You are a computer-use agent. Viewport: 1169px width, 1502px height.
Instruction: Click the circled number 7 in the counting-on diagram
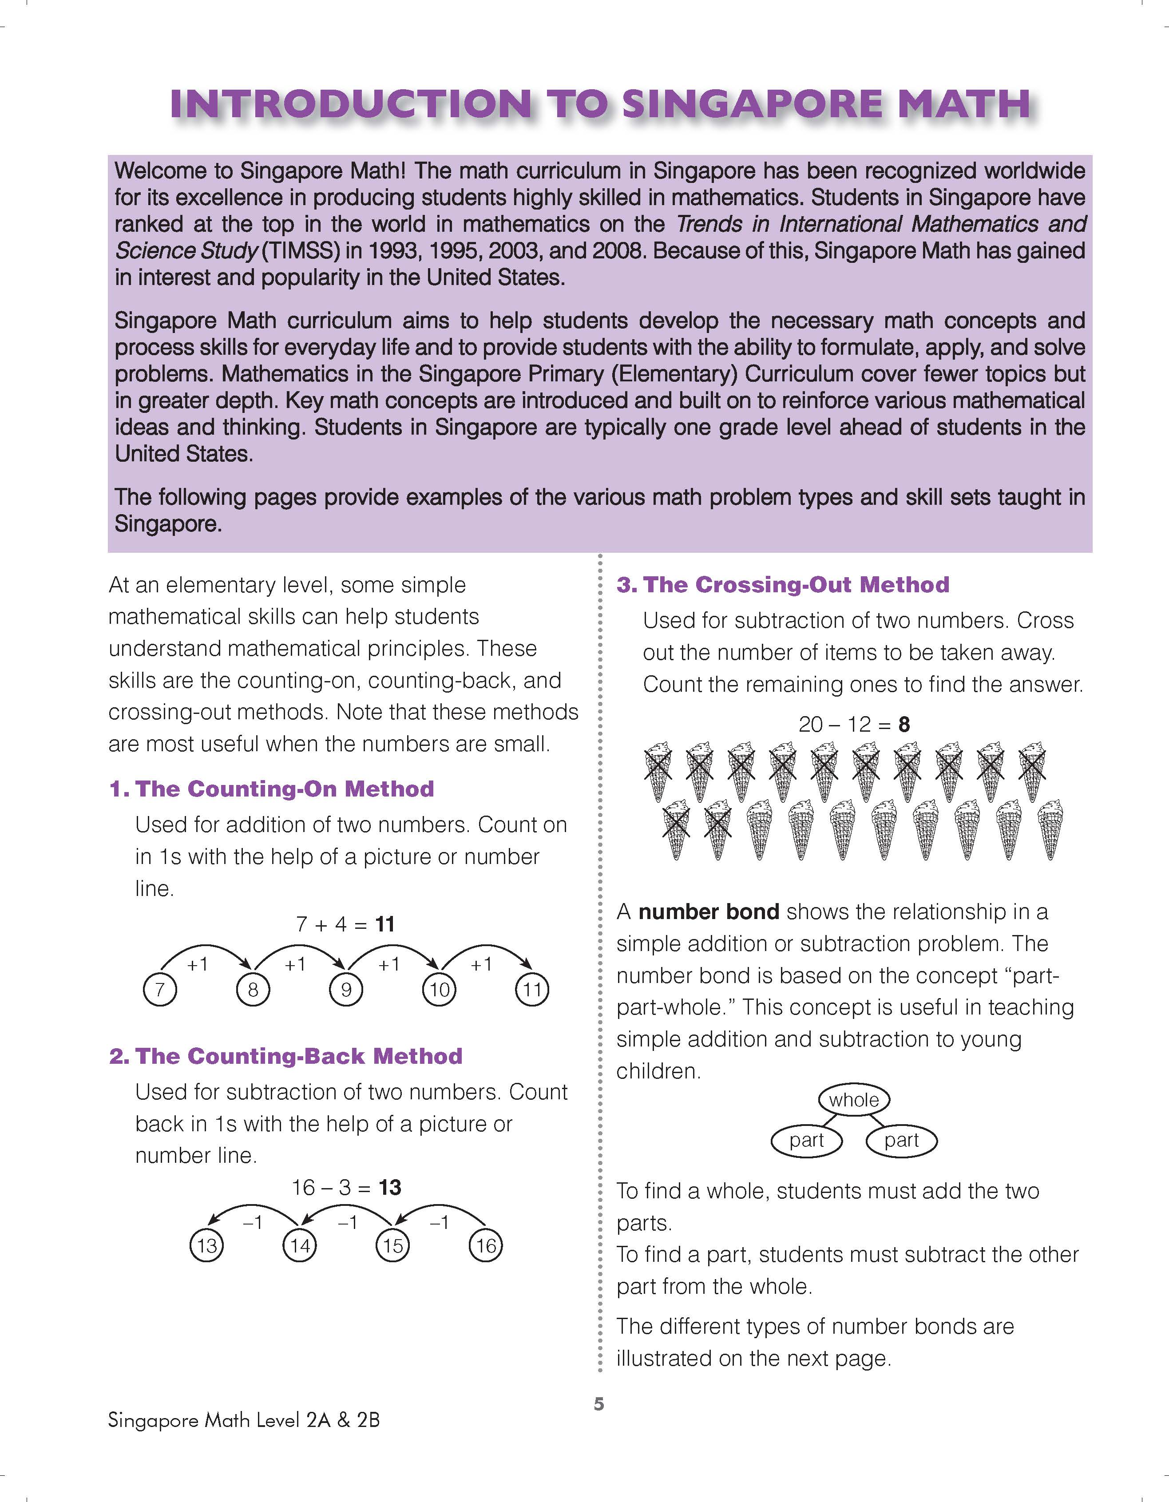pos(159,991)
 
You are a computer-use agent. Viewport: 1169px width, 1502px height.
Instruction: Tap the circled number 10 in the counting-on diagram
pos(440,991)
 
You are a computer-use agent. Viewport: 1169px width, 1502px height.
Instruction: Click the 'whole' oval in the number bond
pos(853,1100)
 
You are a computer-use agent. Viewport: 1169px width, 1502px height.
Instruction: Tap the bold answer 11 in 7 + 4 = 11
pos(385,923)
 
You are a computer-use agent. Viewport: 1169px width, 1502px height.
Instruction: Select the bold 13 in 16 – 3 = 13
pos(390,1188)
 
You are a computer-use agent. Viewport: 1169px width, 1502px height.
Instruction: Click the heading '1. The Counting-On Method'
pos(272,789)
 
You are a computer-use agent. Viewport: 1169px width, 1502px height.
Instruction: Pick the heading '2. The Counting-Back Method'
pos(285,1056)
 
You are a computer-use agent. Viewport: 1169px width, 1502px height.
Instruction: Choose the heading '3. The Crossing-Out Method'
pos(783,585)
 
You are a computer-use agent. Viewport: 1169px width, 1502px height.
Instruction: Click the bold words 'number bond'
pos(708,912)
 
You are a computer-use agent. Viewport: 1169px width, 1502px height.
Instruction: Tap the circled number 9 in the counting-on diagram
pos(346,991)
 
